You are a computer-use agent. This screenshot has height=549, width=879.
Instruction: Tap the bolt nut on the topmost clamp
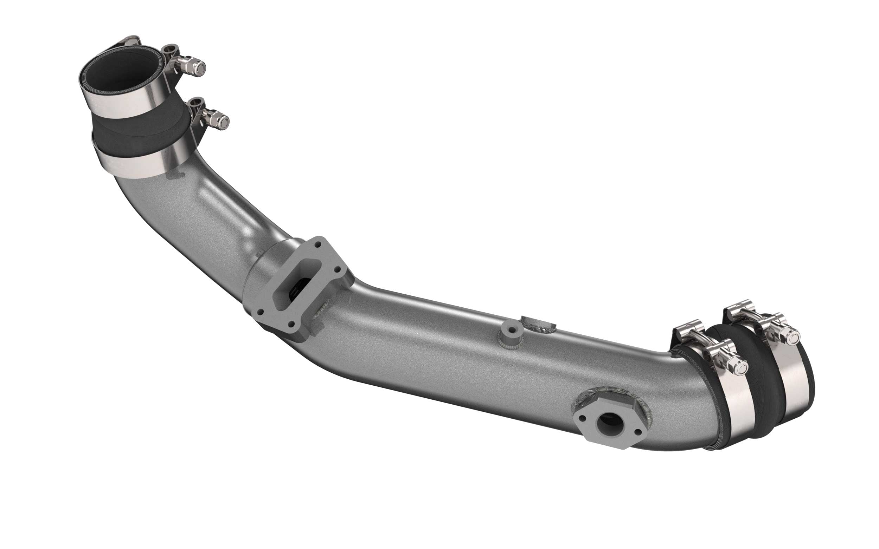198,67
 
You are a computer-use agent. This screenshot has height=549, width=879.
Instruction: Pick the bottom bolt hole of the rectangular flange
291,324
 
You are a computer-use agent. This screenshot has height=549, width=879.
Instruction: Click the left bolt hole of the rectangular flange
260,312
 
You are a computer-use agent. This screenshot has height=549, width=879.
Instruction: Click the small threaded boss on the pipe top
511,331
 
